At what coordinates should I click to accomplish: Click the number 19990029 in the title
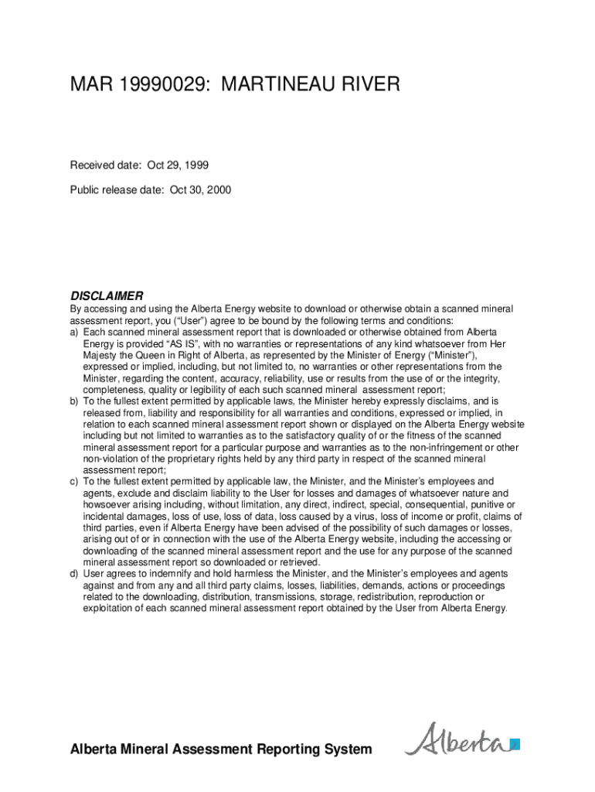tap(161, 84)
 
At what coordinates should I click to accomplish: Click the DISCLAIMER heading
tap(107, 295)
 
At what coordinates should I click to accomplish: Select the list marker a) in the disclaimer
tap(75, 332)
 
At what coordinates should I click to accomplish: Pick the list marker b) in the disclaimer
tap(75, 401)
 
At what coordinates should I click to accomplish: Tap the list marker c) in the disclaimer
tap(75, 482)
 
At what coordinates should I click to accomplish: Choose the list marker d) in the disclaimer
tap(75, 574)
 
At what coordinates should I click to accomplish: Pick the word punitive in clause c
tap(474, 505)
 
